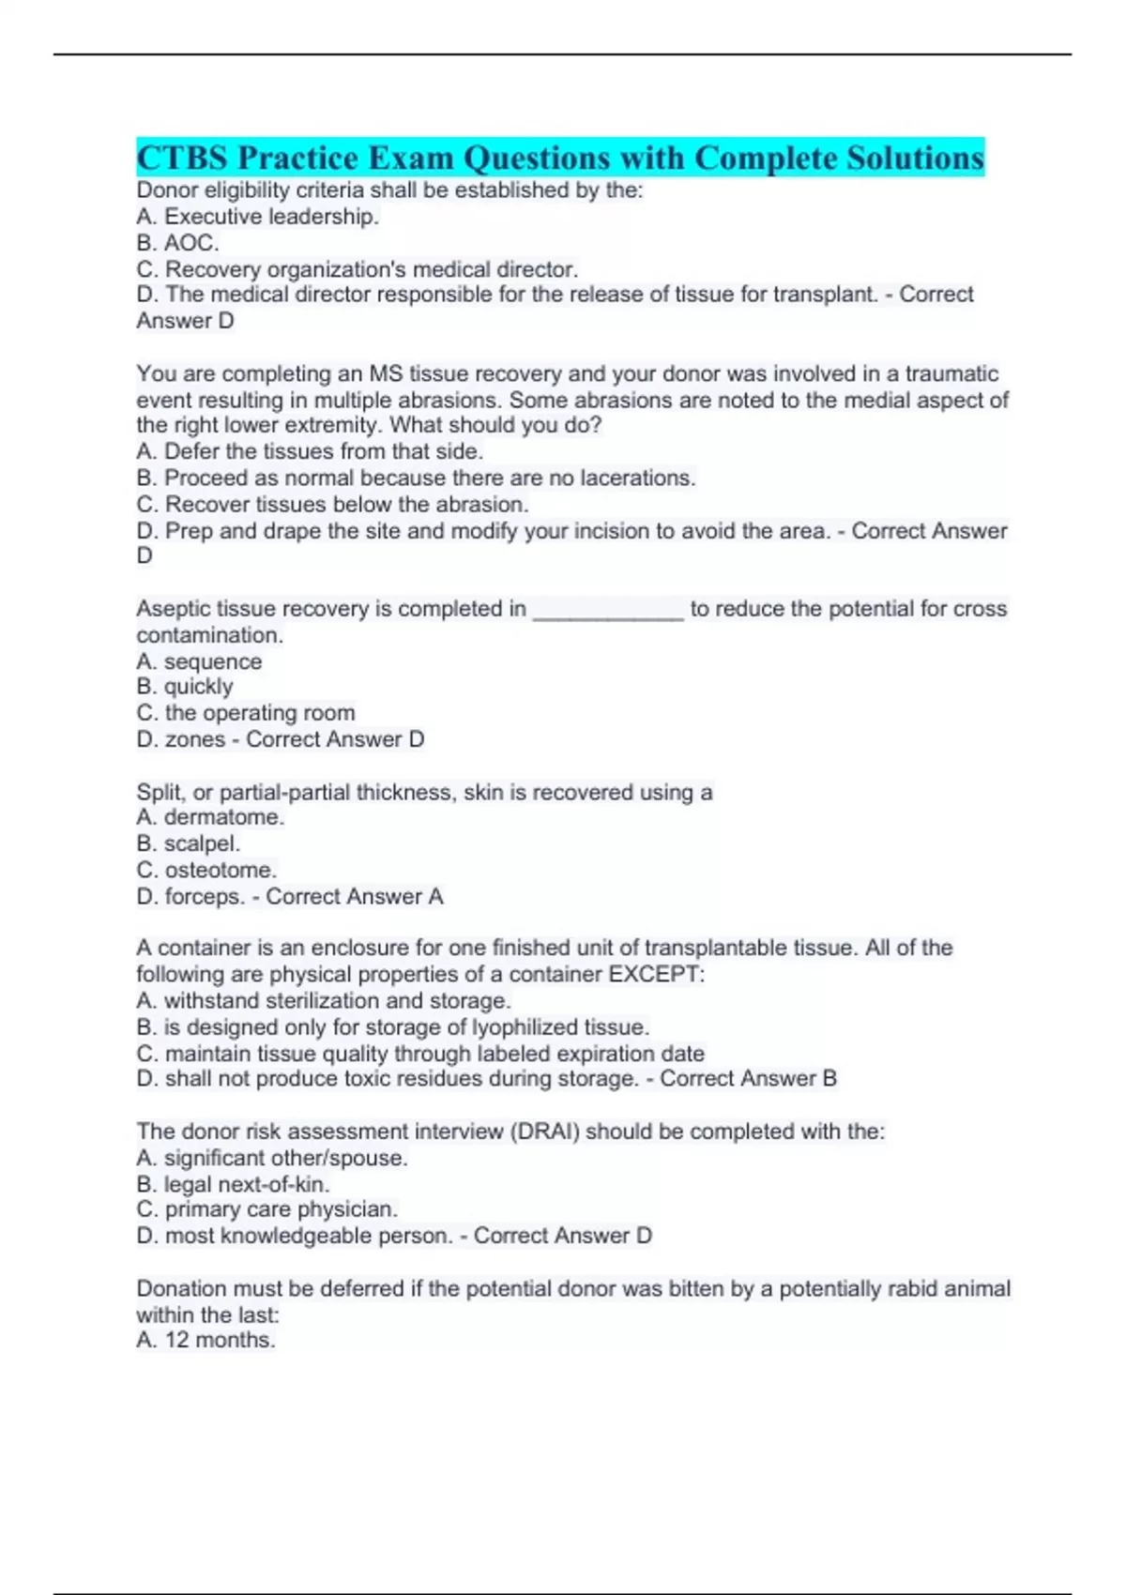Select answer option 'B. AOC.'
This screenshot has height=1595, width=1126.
tap(177, 243)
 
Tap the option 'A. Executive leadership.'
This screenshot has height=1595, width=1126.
tap(257, 217)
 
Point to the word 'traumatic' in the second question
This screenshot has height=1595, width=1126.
tap(951, 373)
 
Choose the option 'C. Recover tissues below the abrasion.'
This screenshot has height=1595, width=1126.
tap(332, 504)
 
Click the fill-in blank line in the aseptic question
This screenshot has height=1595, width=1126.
tap(608, 610)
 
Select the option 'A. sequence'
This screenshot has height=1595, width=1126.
tap(199, 661)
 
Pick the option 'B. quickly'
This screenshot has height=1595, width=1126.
tap(185, 687)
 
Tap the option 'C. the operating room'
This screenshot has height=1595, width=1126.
tap(246, 713)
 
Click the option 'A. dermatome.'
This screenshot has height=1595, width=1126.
tap(210, 817)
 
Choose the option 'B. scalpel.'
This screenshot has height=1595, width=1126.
tap(189, 843)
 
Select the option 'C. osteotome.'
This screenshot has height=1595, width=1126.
tap(206, 870)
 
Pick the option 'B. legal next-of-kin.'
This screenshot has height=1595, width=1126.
tap(233, 1184)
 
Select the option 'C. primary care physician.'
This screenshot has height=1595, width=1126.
tap(267, 1209)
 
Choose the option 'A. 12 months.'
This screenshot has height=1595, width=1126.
tap(205, 1340)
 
